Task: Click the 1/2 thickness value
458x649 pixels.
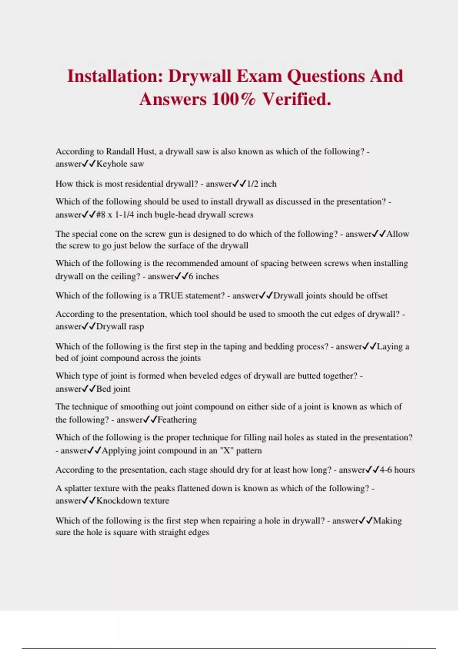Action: tap(253, 184)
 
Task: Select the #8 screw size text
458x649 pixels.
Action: tap(100, 215)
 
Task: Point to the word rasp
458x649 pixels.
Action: tap(136, 327)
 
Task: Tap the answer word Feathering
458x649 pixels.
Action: tap(177, 420)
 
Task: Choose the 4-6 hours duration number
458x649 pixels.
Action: tap(385, 470)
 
